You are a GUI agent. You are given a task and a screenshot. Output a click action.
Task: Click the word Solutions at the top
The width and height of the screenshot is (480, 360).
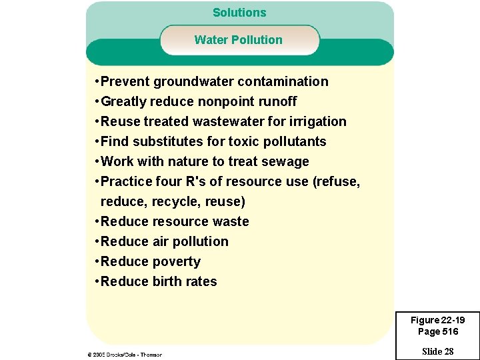[239, 13]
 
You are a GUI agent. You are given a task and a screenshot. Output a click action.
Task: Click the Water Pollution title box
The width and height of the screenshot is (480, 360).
[239, 40]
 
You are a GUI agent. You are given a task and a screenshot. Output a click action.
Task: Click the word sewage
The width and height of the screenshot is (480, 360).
[287, 162]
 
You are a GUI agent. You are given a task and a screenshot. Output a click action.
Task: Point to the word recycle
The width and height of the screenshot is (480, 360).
[176, 202]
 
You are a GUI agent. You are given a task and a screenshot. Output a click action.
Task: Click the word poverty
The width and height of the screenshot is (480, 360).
[177, 262]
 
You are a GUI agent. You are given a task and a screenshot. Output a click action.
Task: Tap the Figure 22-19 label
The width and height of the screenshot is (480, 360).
[437, 321]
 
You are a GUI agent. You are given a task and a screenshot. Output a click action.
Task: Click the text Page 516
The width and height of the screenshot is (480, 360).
[437, 331]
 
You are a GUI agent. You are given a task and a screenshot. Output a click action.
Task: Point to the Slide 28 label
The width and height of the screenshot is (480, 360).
[437, 351]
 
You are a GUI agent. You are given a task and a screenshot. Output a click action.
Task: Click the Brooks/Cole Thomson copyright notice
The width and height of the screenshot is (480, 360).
[125, 355]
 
